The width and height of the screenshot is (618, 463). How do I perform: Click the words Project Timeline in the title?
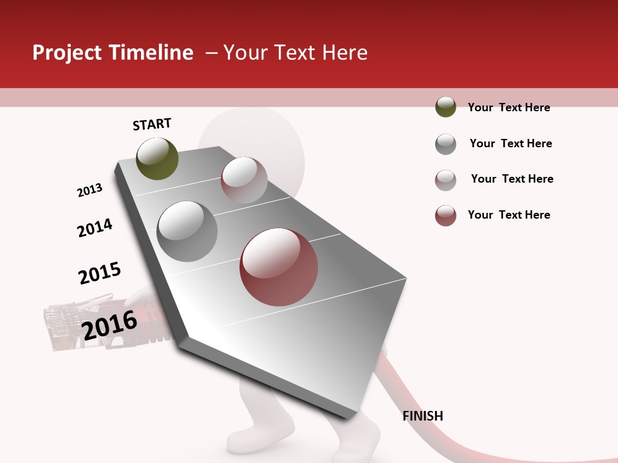113,53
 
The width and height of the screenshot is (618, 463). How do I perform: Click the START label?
152,124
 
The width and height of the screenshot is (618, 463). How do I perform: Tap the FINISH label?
422,416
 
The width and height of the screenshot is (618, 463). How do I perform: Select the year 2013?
89,190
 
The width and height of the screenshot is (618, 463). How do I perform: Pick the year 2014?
95,228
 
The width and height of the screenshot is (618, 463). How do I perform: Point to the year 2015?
100,273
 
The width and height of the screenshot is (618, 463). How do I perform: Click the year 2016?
109,325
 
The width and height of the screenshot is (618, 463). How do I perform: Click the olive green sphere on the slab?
157,158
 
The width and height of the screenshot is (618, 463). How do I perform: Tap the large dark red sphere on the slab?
279,266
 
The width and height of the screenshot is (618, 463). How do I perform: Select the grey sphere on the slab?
187,231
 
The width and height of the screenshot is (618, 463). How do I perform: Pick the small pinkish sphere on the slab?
244,180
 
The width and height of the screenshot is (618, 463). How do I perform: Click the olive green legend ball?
445,107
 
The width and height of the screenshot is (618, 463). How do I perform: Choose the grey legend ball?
445,144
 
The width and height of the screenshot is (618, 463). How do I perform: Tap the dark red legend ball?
445,215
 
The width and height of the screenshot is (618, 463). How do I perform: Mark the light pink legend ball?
445,180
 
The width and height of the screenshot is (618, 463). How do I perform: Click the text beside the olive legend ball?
509,107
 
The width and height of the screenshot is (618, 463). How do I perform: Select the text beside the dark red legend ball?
509,215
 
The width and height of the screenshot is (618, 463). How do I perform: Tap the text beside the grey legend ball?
510,143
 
